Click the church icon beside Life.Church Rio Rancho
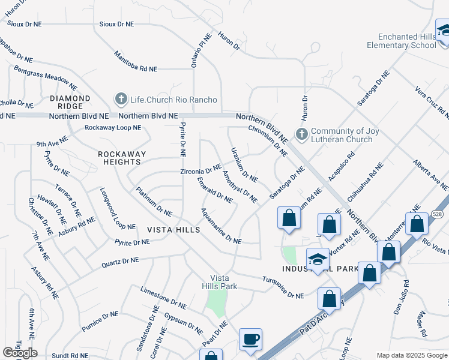click(x=121, y=98)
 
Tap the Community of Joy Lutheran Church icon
click(x=301, y=134)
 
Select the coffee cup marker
click(x=250, y=340)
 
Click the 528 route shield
click(x=436, y=214)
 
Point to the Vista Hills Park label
click(x=223, y=282)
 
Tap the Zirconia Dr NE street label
click(x=201, y=172)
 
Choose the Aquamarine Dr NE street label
click(x=221, y=226)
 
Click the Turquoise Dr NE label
click(x=283, y=287)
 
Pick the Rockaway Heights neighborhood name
click(x=122, y=158)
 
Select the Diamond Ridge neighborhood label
click(x=70, y=103)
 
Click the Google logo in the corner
click(x=20, y=353)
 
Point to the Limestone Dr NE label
click(x=164, y=297)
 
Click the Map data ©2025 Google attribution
click(x=412, y=355)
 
